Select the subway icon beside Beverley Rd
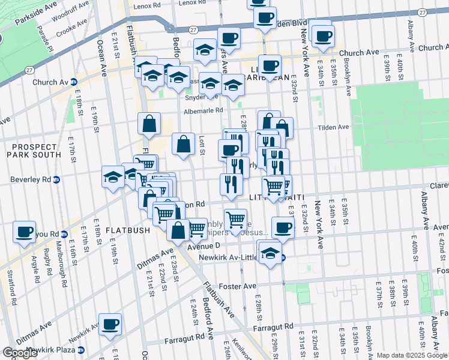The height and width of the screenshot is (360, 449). click(56, 179)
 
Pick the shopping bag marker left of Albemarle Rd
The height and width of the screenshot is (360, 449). click(149, 125)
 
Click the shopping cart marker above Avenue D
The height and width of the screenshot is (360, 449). click(235, 219)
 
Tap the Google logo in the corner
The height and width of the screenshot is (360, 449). click(20, 353)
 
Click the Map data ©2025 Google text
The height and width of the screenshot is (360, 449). click(412, 355)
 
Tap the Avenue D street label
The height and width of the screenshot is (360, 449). click(205, 246)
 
